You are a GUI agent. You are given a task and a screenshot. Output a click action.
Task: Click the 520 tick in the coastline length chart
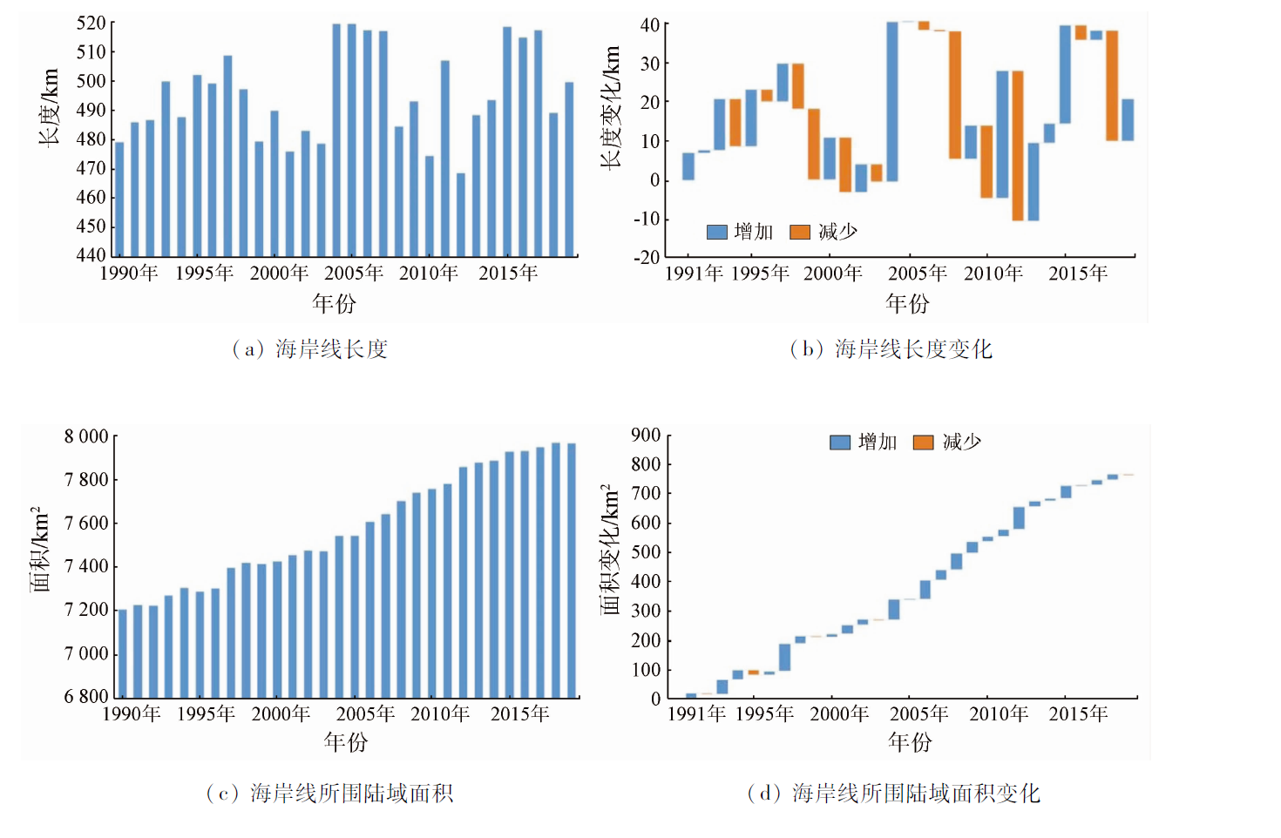[91, 24]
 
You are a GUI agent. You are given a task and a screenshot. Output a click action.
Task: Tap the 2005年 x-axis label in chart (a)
[354, 274]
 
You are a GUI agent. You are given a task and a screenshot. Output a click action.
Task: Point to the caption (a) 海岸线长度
[309, 349]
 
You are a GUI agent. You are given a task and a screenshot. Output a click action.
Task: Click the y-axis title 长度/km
[49, 106]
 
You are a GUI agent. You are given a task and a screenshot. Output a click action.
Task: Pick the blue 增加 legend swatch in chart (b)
[716, 232]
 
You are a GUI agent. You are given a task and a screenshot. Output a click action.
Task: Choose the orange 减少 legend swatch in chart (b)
[800, 232]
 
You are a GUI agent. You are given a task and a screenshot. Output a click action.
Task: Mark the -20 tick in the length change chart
[646, 257]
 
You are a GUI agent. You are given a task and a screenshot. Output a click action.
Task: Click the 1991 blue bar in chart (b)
[688, 166]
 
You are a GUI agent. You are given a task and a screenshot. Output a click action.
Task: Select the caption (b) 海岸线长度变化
[891, 349]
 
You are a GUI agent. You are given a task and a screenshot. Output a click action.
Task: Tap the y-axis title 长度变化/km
[611, 106]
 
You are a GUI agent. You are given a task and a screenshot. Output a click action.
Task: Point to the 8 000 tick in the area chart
[86, 436]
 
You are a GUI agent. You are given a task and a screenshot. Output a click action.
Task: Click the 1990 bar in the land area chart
[122, 653]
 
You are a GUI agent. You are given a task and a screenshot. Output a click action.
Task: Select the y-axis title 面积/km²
[39, 549]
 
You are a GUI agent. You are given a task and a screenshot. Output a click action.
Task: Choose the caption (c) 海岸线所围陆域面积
[329, 794]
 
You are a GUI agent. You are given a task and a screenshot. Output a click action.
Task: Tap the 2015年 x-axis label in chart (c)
[519, 714]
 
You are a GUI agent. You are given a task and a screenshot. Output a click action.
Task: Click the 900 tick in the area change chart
[646, 436]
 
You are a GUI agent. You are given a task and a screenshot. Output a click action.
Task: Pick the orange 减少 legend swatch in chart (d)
[923, 443]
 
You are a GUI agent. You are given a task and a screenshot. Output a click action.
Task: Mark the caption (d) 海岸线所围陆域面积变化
[893, 794]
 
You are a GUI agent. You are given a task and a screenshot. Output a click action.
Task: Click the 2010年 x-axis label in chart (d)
[999, 714]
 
